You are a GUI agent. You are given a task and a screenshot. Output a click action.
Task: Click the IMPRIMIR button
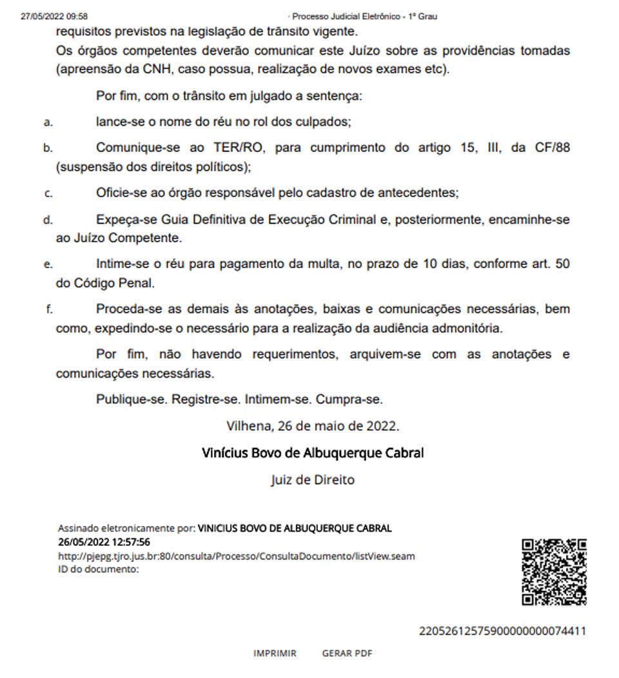pyautogui.click(x=275, y=653)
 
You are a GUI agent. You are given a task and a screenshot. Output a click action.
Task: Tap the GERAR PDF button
pyautogui.click(x=347, y=653)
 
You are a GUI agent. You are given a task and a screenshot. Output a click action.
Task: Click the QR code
pyautogui.click(x=554, y=572)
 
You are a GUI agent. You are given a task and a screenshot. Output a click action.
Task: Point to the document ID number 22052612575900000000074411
pyautogui.click(x=502, y=631)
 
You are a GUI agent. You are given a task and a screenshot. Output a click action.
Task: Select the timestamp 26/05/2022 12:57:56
pyautogui.click(x=104, y=542)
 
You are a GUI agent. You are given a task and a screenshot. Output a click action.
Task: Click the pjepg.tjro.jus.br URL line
pyautogui.click(x=236, y=556)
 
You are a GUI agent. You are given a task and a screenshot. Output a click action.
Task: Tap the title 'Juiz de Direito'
pyautogui.click(x=313, y=480)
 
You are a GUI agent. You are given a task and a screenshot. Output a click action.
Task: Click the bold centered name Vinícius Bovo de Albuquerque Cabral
pyautogui.click(x=313, y=452)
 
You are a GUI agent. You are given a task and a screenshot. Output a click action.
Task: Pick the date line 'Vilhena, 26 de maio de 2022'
pyautogui.click(x=313, y=425)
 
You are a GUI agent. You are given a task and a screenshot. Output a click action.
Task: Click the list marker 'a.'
pyautogui.click(x=48, y=122)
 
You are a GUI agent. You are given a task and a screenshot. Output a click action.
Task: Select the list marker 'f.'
pyautogui.click(x=49, y=309)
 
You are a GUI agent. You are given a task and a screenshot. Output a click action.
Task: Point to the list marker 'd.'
pyautogui.click(x=48, y=220)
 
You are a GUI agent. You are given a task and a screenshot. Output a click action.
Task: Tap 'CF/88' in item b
pyautogui.click(x=551, y=148)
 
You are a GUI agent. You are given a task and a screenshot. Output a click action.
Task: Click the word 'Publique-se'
pyautogui.click(x=132, y=399)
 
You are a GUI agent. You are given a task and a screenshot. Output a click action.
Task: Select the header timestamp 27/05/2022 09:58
pyautogui.click(x=54, y=16)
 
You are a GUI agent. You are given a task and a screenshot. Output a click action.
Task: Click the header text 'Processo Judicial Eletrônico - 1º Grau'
pyautogui.click(x=364, y=16)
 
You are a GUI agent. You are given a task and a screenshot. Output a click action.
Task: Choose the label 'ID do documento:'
pyautogui.click(x=98, y=569)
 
